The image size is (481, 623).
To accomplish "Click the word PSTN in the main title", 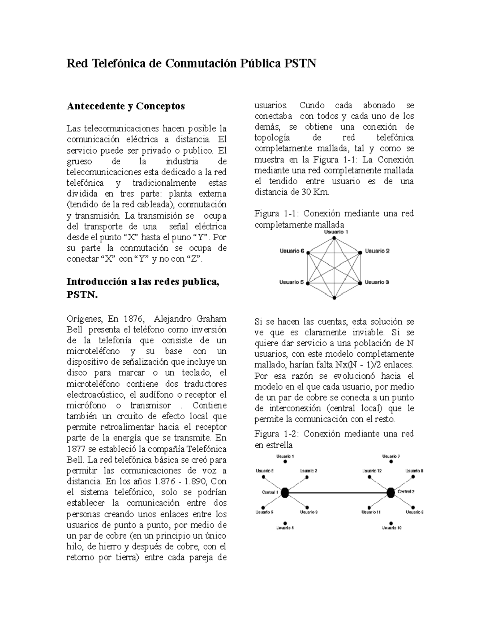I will [x=300, y=63].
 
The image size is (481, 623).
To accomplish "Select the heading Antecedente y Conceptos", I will [x=125, y=106].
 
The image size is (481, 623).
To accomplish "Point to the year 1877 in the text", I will [x=76, y=449].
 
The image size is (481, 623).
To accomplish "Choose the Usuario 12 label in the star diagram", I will [x=371, y=471].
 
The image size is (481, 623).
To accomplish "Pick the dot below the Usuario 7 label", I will [x=391, y=462].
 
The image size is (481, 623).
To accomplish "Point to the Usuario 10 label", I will [x=391, y=528].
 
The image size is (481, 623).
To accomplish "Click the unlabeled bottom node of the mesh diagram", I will [x=334, y=298].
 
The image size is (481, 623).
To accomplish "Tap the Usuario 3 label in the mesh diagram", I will [x=376, y=282].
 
